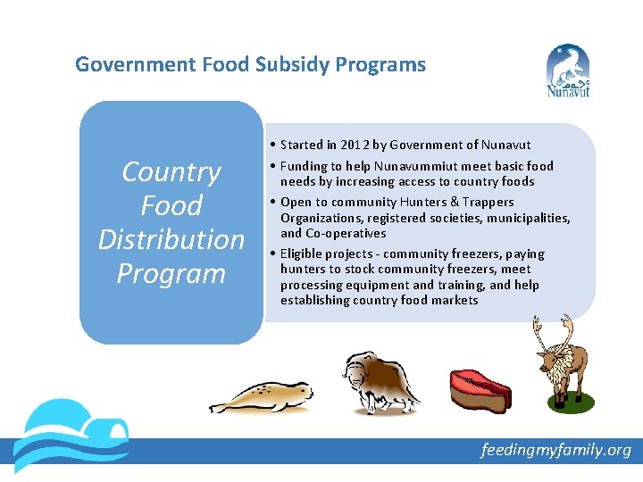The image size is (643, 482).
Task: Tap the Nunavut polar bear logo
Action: pos(568,71)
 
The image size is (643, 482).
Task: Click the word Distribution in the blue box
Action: pos(171,239)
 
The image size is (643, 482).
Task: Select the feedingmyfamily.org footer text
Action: pos(555,450)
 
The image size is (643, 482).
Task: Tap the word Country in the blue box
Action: pos(171,171)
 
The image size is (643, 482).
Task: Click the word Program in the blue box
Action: pos(171,273)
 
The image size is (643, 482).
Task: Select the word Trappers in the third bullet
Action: pos(490,203)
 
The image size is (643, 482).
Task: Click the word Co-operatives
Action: pos(335,233)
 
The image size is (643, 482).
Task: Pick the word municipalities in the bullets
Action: pos(528,218)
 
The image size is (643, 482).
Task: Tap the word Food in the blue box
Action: pos(171,205)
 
